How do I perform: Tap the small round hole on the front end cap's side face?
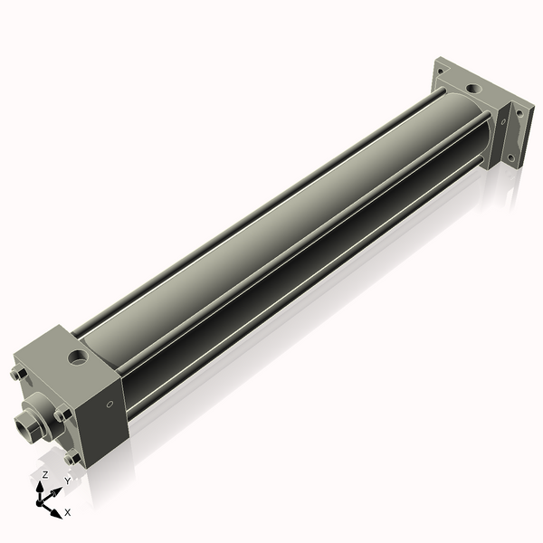coord(110,404)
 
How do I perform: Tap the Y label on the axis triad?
coord(66,482)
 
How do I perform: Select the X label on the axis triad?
coord(68,512)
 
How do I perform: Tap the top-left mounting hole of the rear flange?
coord(441,70)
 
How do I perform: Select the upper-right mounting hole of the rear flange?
coord(519,113)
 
